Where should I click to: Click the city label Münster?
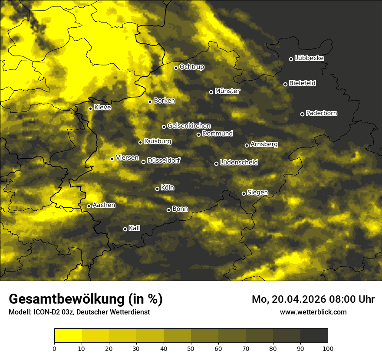click(x=227, y=91)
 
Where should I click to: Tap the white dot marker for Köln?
click(x=157, y=189)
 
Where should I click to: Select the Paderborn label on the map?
click(x=322, y=113)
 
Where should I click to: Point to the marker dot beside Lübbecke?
click(x=291, y=59)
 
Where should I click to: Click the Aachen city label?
click(x=104, y=205)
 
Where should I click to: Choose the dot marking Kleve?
click(x=90, y=108)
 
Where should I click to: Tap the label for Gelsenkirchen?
click(x=189, y=126)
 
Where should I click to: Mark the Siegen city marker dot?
click(x=244, y=193)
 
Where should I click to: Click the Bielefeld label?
click(x=302, y=83)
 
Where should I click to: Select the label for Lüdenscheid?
click(x=239, y=163)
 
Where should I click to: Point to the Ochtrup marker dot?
click(x=176, y=68)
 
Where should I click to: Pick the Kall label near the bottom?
click(x=134, y=228)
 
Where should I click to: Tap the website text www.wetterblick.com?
click(x=313, y=312)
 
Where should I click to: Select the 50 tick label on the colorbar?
click(x=191, y=348)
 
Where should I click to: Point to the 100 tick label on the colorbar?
click(x=328, y=348)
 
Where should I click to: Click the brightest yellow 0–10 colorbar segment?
click(x=68, y=335)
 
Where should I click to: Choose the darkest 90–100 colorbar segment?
click(x=314, y=335)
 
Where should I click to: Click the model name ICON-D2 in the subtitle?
click(x=46, y=312)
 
